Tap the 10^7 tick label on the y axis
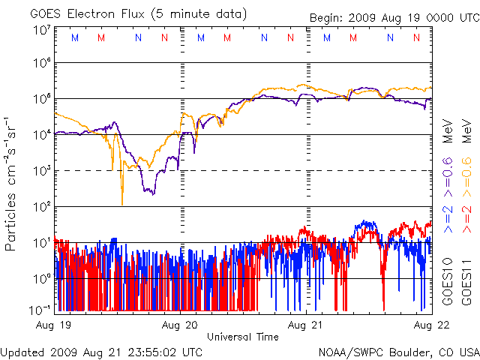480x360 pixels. coord(42,31)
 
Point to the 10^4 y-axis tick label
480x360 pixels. coord(42,134)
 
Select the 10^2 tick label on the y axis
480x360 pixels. coord(42,205)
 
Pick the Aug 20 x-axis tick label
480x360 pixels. coord(181,325)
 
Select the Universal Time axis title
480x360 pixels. coord(242,337)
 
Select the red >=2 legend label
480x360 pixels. coord(465,214)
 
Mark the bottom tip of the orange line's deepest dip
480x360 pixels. coord(121,204)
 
